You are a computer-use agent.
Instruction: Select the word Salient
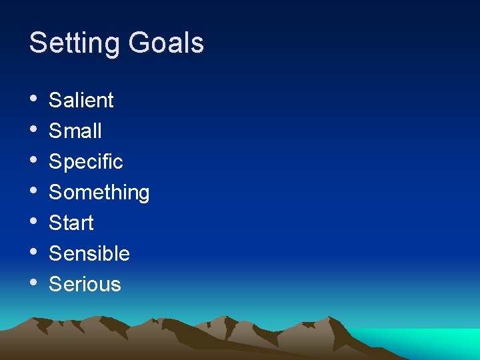point(81,100)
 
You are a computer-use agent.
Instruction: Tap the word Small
point(75,131)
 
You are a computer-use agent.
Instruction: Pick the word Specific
point(86,161)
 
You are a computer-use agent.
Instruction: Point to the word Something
point(99,192)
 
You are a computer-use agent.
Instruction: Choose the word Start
point(71,223)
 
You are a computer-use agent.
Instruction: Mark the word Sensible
point(89,253)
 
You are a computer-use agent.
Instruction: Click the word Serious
point(85,284)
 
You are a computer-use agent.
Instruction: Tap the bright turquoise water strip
point(427,341)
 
